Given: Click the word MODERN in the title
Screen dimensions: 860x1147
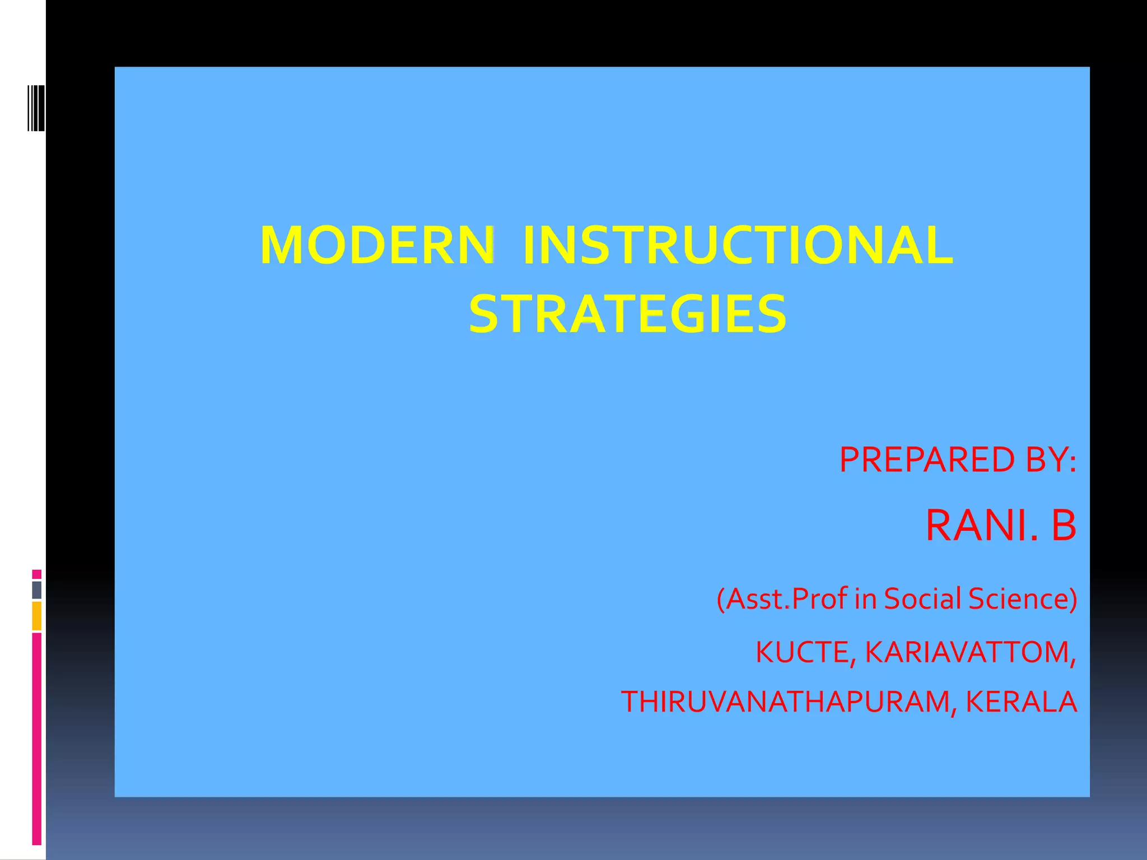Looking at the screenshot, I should click(377, 246).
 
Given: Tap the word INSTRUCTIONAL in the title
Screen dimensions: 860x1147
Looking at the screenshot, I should click(737, 246).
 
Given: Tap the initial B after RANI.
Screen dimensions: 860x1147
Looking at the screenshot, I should click(1064, 525).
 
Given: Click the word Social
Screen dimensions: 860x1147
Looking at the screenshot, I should click(922, 599).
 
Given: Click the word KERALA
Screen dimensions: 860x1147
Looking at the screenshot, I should click(1021, 702).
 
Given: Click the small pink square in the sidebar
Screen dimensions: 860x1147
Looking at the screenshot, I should click(37, 574).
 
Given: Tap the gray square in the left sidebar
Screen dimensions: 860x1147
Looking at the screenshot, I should click(37, 590).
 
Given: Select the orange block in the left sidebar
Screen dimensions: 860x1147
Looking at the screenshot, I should click(37, 616).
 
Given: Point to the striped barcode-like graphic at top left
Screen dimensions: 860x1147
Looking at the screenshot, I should click(36, 108).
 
